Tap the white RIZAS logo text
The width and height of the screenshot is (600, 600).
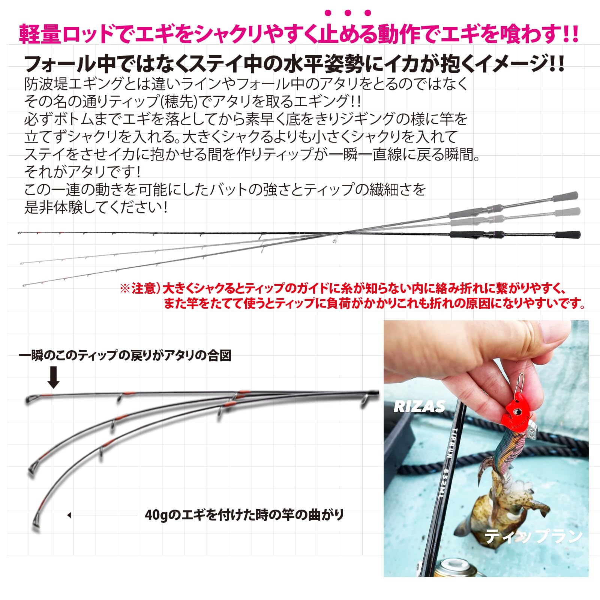point(419,407)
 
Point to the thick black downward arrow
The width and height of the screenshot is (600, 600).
point(53,377)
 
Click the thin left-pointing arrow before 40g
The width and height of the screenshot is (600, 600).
point(101,515)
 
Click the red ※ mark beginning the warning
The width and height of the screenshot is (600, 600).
point(125,288)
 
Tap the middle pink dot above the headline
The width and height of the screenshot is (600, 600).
point(348,13)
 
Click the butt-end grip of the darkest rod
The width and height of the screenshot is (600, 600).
point(568,235)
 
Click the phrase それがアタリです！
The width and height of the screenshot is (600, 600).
point(82,172)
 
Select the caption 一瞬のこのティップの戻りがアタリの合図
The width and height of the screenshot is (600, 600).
point(125,355)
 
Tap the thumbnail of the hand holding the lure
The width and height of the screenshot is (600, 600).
point(486,448)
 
